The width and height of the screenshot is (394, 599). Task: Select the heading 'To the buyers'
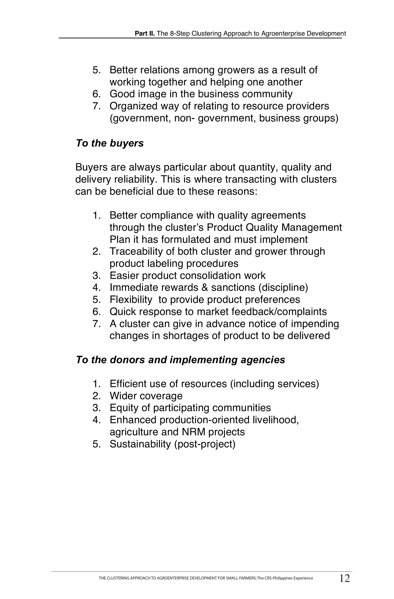(x=110, y=143)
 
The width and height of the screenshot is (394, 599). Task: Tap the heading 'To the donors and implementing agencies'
(x=180, y=360)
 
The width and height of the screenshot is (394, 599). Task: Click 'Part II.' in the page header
(x=145, y=33)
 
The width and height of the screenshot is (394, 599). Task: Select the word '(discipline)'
(x=283, y=287)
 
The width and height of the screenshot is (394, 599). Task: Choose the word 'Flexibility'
(x=131, y=299)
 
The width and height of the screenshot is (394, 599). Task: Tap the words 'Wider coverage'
(x=146, y=396)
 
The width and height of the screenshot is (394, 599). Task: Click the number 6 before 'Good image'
(x=96, y=94)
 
